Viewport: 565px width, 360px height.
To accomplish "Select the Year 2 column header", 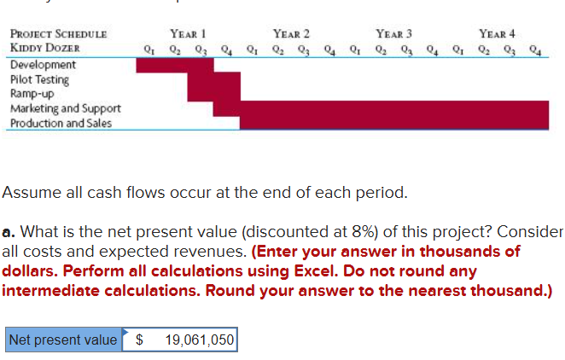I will (291, 33).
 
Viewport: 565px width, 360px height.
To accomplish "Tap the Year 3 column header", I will (393, 33).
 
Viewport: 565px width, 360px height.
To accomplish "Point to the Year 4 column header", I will (497, 33).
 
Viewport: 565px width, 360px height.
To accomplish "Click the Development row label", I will (43, 65).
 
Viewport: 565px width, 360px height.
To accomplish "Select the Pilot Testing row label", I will (39, 79).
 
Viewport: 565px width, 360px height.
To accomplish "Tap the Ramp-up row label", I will (33, 94).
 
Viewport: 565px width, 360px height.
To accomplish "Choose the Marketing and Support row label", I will (65, 108).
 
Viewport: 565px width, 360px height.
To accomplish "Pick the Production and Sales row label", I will (60, 123).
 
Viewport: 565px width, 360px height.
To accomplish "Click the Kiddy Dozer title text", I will (45, 48).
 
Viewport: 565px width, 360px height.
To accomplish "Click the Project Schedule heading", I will (58, 34).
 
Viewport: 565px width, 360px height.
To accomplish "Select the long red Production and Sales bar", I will (393, 123).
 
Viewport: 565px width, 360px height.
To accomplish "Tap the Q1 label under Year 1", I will (150, 49).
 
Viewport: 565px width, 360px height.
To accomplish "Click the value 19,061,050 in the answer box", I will (199, 340).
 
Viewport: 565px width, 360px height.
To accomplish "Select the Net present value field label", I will (62, 340).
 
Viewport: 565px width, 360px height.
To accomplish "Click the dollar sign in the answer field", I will (141, 340).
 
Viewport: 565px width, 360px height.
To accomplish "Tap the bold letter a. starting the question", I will (9, 232).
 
